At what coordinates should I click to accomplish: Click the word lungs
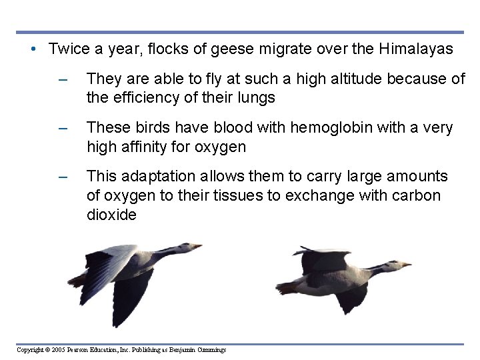pyautogui.click(x=257, y=97)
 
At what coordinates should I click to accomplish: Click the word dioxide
pyautogui.click(x=111, y=215)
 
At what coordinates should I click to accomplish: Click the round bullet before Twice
pyautogui.click(x=33, y=49)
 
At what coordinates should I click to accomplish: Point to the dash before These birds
pyautogui.click(x=63, y=128)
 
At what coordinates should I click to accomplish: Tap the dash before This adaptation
pyautogui.click(x=63, y=177)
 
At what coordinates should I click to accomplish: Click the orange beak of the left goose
pyautogui.click(x=197, y=247)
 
